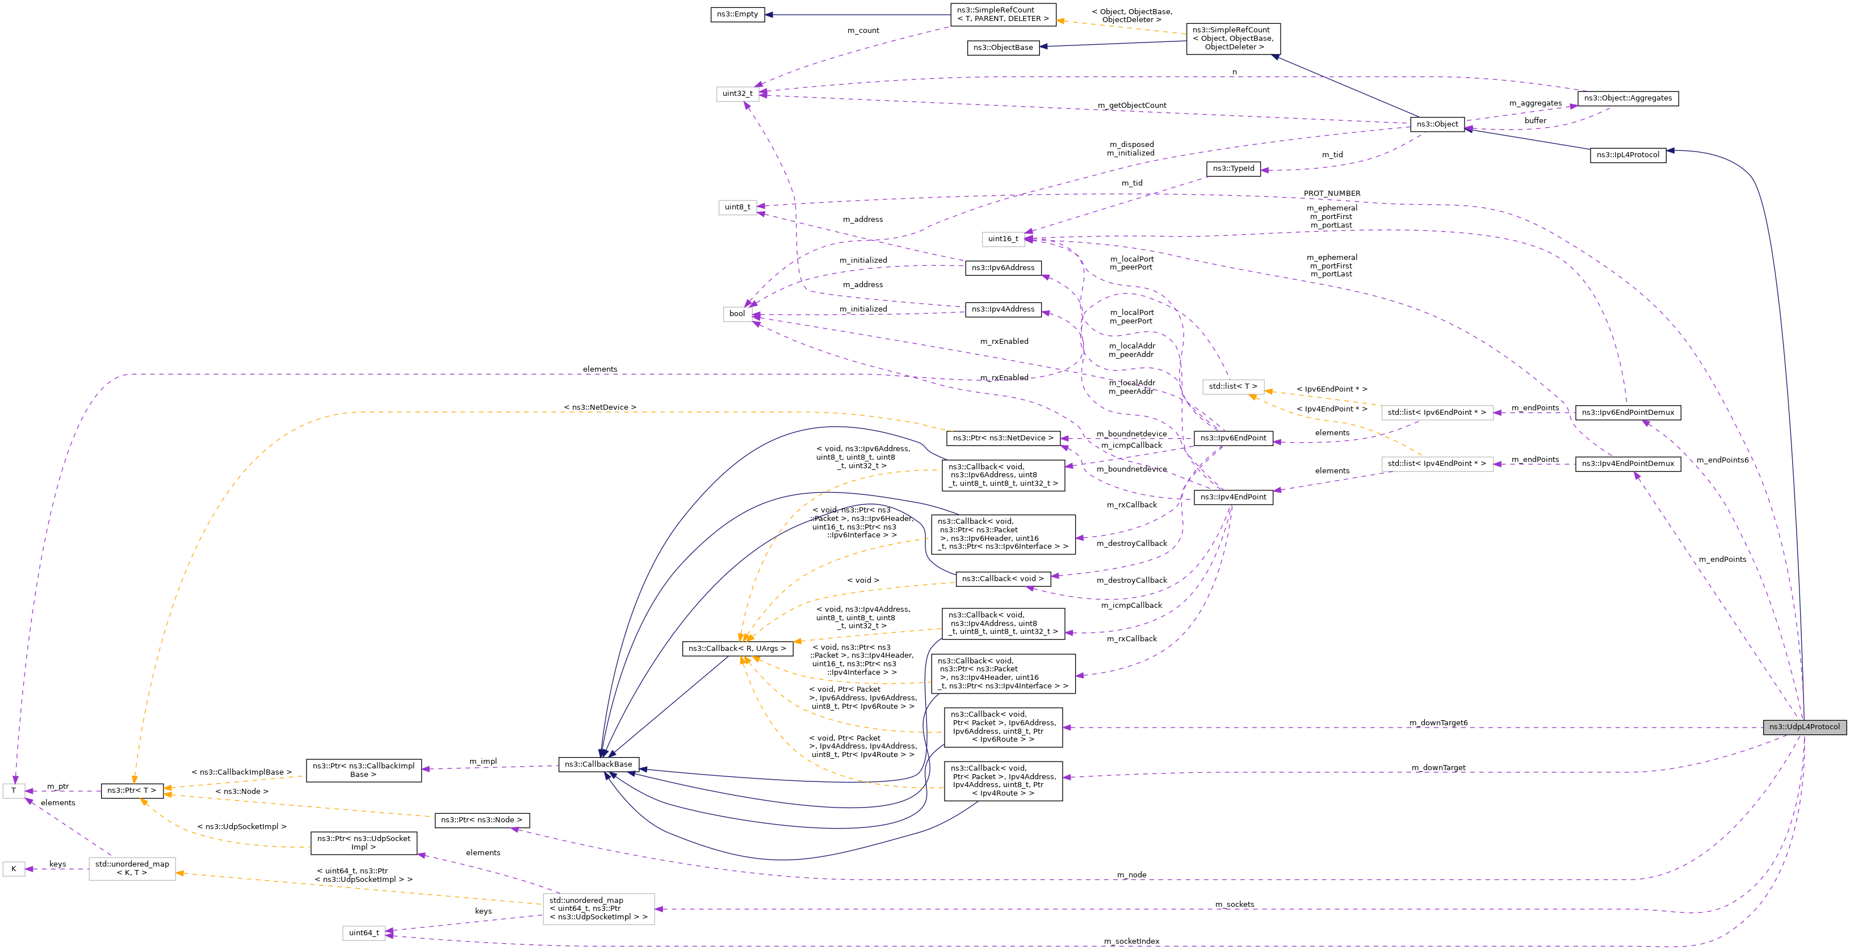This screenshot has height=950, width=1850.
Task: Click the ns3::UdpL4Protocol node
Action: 1804,726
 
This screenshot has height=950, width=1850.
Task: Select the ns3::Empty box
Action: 737,14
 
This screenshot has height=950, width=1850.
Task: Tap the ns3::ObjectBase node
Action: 1002,48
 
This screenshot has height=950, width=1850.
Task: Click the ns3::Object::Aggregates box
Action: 1627,98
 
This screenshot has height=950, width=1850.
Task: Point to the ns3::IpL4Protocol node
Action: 1627,155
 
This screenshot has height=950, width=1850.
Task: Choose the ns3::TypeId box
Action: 1233,169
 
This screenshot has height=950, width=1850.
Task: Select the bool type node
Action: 737,314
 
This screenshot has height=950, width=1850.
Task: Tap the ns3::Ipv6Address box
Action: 1002,268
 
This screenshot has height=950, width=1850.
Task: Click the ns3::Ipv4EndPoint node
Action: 1233,497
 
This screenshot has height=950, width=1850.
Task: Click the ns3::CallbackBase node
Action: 598,764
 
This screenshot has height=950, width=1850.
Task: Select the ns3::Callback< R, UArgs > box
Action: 737,649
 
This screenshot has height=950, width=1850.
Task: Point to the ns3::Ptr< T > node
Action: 132,791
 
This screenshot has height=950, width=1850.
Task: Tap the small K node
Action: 14,869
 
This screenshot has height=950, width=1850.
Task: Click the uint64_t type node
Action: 363,933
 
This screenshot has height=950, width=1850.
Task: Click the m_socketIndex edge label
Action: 1131,941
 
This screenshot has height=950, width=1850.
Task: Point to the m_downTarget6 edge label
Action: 1438,723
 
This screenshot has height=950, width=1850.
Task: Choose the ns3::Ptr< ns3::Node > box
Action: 481,820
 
